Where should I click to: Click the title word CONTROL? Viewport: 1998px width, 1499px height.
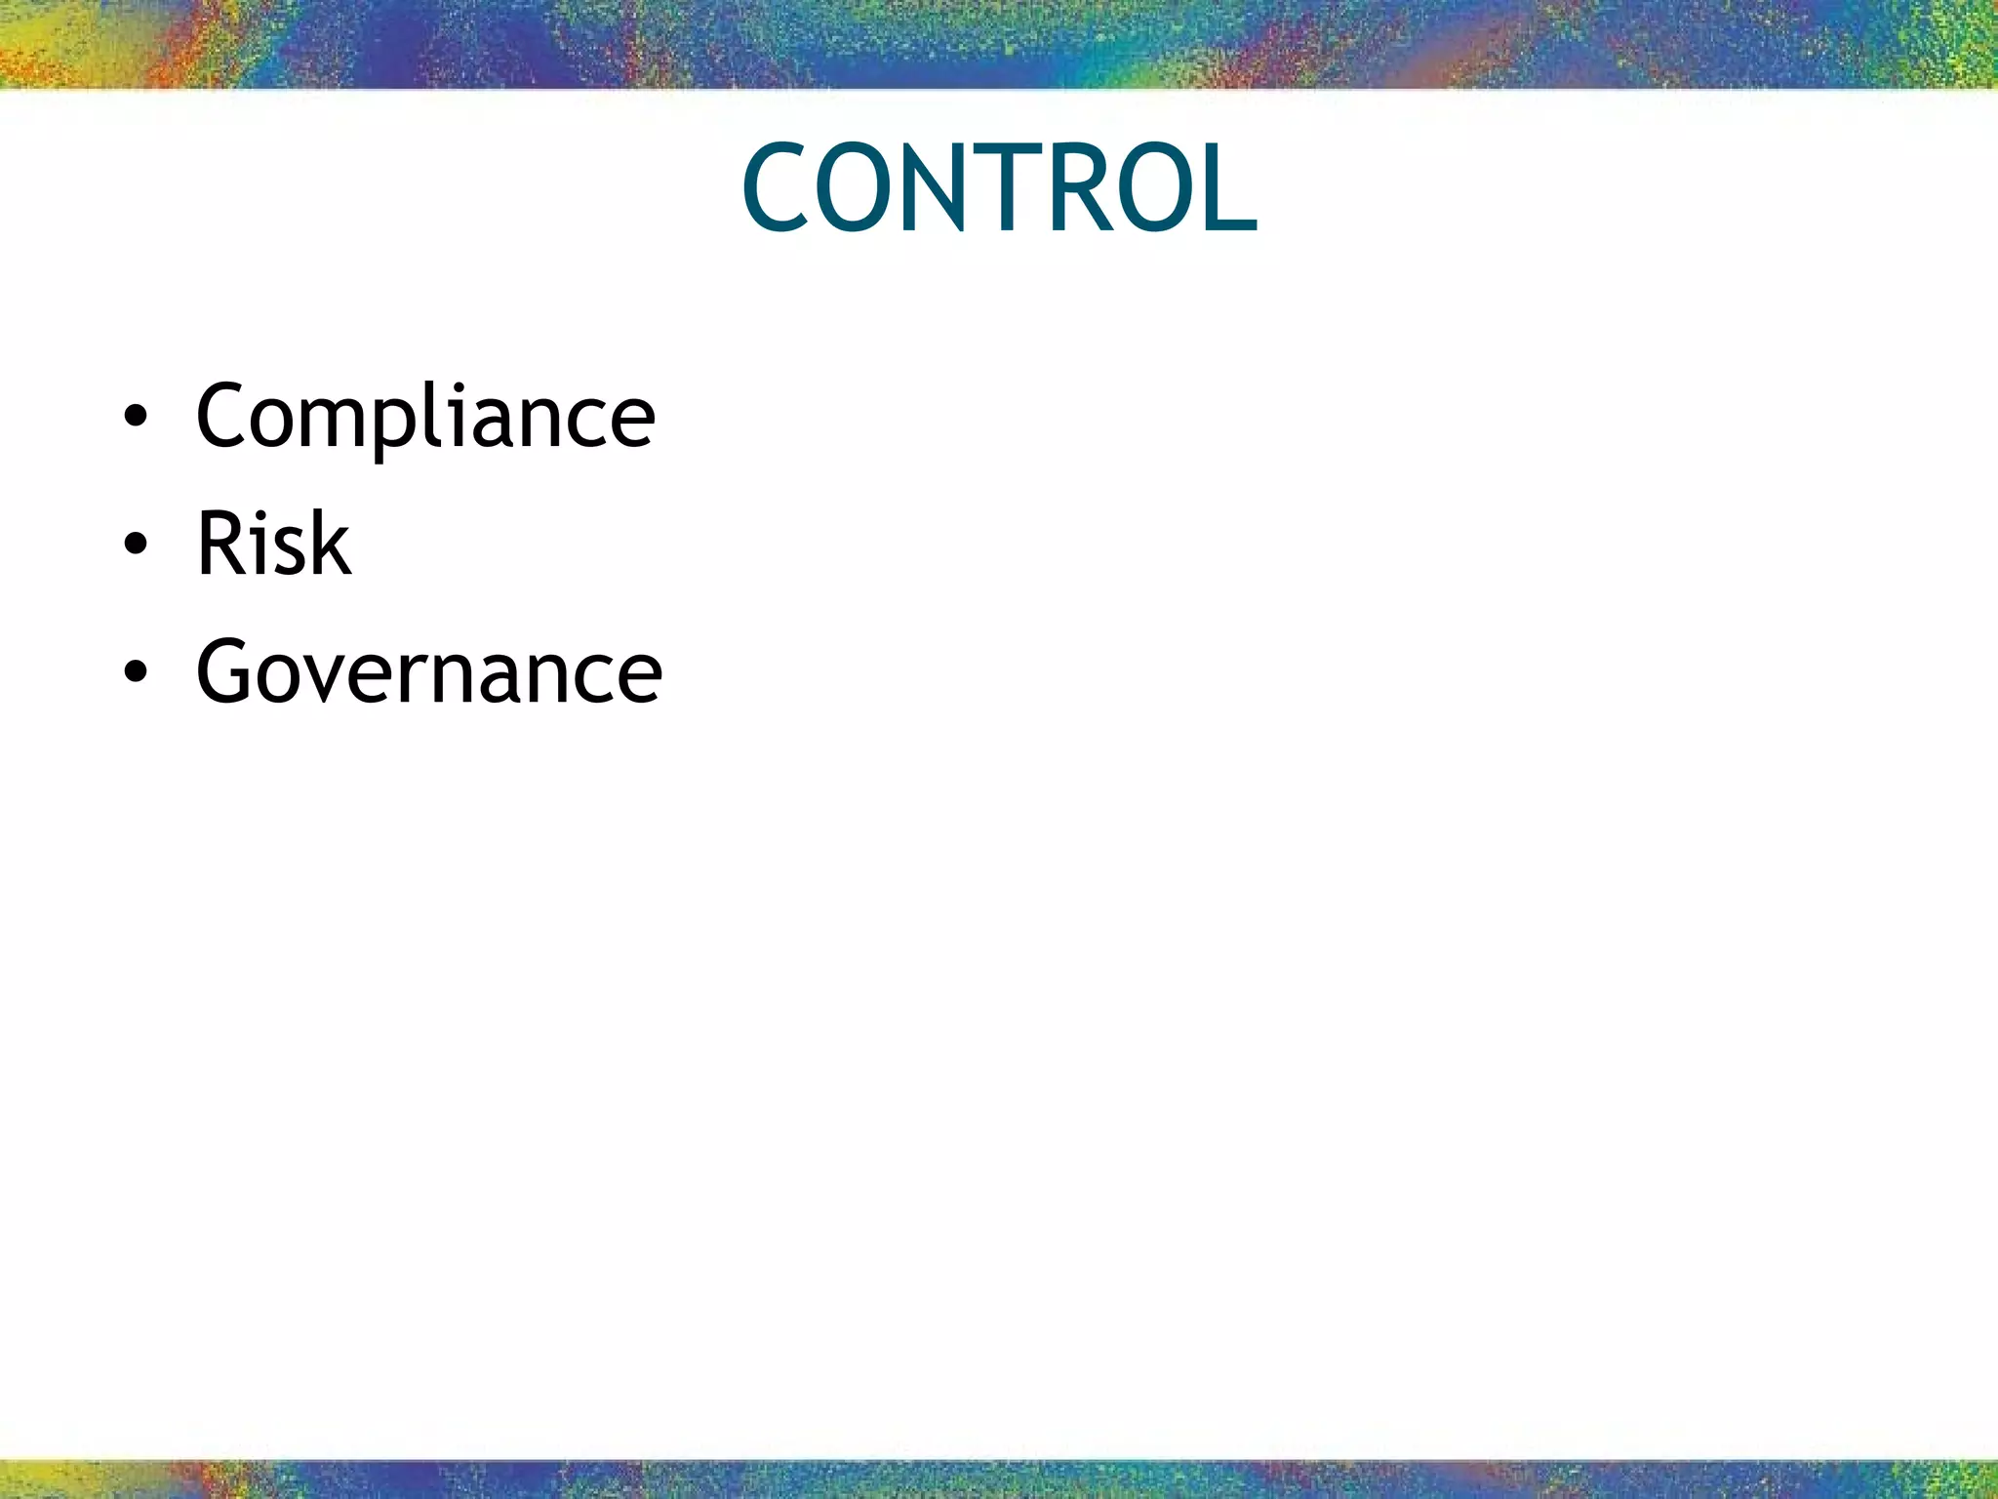999,187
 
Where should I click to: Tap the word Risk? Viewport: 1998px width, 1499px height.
273,544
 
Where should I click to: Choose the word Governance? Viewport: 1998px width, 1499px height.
429,671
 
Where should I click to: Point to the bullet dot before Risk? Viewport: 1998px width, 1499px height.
136,545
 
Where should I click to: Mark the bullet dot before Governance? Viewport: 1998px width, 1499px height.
136,672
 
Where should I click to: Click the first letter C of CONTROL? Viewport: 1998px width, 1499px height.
775,187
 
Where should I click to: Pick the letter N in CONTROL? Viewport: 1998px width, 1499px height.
935,187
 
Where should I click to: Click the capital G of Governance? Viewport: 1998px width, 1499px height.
228,671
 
